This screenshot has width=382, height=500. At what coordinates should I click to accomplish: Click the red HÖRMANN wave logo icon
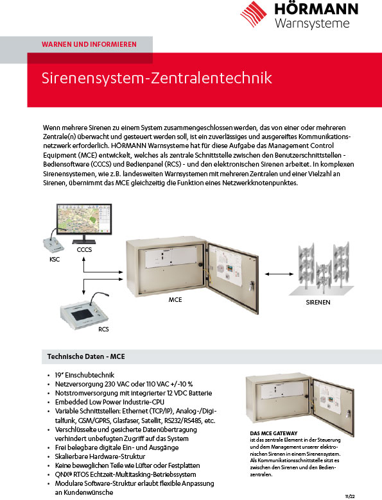(x=254, y=14)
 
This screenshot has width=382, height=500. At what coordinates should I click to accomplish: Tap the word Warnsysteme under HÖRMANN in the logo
(x=312, y=23)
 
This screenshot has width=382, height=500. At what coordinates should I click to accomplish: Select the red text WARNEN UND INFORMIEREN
(x=89, y=44)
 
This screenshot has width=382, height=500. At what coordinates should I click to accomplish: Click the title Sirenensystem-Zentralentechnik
(x=157, y=78)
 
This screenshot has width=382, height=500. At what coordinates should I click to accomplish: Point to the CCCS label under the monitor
(x=84, y=250)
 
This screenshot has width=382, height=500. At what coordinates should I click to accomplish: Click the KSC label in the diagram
(x=55, y=259)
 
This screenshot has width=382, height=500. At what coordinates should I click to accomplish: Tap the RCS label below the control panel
(x=103, y=329)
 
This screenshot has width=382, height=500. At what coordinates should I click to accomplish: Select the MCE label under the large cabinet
(x=175, y=300)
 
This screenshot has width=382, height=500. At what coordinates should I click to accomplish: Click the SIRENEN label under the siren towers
(x=318, y=303)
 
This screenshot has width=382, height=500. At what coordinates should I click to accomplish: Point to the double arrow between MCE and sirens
(x=279, y=274)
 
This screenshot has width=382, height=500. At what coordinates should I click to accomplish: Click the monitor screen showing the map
(x=84, y=219)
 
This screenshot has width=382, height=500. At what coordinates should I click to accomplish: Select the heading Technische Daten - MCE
(x=86, y=356)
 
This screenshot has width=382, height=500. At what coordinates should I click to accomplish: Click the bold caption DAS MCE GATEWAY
(x=273, y=433)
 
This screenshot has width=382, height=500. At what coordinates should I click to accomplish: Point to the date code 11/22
(x=350, y=497)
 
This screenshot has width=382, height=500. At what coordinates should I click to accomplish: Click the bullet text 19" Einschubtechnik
(x=85, y=375)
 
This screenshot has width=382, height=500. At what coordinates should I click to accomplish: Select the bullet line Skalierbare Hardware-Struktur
(x=100, y=456)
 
